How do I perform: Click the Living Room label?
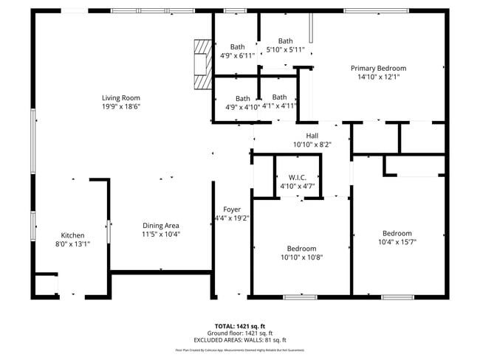point(121,97)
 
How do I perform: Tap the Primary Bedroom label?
point(378,68)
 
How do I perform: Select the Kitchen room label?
point(72,235)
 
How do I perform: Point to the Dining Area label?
point(161,226)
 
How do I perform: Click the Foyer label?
point(231,210)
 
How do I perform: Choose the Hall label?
point(312,136)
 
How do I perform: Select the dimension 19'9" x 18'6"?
point(121,106)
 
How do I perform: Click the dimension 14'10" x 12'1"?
point(378,77)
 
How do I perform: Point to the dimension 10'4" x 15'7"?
point(397,241)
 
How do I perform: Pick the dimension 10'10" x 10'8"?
point(301,257)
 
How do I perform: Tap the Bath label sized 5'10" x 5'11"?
point(285,41)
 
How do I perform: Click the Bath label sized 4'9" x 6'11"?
point(237,46)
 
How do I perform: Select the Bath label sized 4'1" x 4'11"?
point(279,97)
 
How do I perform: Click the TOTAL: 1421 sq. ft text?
point(239,325)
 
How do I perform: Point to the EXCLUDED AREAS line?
point(239,340)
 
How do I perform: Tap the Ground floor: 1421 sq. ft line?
point(239,333)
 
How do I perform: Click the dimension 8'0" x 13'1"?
point(72,244)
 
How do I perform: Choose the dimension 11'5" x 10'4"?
point(161,235)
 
